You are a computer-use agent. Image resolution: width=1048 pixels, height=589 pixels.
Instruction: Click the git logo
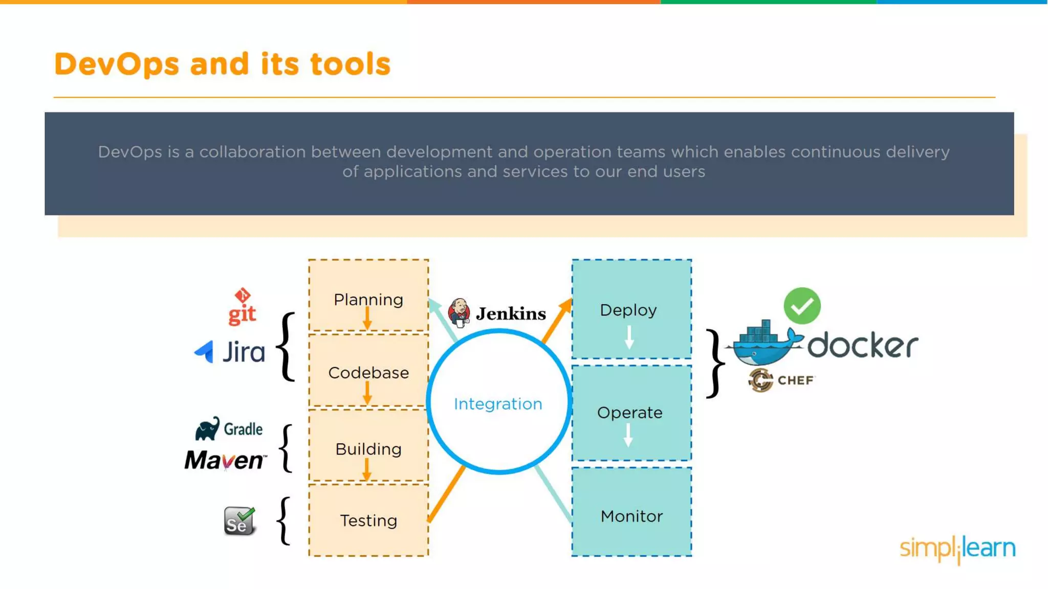(x=242, y=307)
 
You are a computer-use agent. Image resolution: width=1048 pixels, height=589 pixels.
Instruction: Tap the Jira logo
(x=230, y=352)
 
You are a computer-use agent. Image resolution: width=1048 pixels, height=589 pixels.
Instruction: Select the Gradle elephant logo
(x=207, y=428)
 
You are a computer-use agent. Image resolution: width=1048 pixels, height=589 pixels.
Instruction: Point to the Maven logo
(x=226, y=460)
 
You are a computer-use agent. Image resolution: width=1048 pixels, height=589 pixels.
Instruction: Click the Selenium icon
(x=239, y=521)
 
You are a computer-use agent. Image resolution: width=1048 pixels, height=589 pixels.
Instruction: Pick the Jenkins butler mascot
(x=459, y=312)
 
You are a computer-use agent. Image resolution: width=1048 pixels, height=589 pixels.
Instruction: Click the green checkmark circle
(x=802, y=306)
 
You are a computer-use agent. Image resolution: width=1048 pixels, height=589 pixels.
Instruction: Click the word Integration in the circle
(x=498, y=404)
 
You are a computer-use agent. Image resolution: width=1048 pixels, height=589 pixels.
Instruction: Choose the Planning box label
(x=368, y=300)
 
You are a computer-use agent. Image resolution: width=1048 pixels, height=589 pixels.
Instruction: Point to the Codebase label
(x=368, y=373)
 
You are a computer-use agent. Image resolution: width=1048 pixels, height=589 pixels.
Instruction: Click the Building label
(x=368, y=449)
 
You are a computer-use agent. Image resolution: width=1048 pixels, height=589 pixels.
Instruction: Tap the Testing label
(x=368, y=520)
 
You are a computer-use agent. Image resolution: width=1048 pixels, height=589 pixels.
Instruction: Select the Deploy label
(x=628, y=310)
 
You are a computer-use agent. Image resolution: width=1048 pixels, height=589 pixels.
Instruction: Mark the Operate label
(x=629, y=413)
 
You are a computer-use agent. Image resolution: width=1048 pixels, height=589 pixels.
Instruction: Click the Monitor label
(x=631, y=516)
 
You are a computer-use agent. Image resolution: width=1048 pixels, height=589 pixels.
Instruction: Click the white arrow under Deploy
(x=629, y=337)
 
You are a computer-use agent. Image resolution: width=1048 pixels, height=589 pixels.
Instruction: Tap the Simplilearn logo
(x=957, y=549)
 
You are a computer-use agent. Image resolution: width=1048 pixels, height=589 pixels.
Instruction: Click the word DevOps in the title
(x=117, y=64)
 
